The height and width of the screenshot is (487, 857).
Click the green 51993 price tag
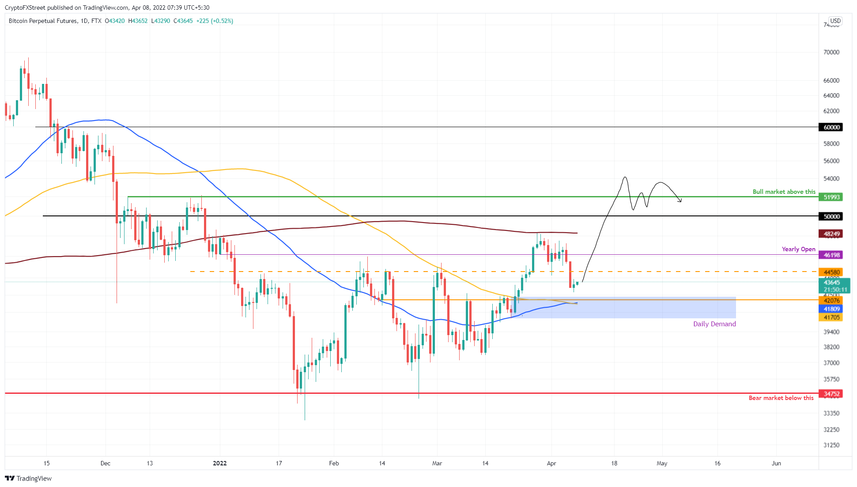(x=831, y=197)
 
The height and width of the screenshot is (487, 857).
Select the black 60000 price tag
(x=831, y=127)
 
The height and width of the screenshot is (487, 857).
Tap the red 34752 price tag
(x=831, y=393)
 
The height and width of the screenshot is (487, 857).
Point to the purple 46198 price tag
(x=831, y=255)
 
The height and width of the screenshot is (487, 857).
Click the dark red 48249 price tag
(x=831, y=234)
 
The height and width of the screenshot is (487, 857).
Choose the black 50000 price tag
(x=831, y=216)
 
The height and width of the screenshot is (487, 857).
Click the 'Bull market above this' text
(x=784, y=192)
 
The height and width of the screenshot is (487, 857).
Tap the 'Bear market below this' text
(x=781, y=398)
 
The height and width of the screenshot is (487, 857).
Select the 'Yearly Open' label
(x=798, y=249)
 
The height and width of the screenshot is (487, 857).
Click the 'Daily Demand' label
(x=714, y=324)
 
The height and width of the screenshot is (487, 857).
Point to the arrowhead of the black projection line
(x=680, y=201)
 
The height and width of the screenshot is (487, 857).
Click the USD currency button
(x=835, y=21)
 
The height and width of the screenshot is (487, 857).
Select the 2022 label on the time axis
(x=219, y=463)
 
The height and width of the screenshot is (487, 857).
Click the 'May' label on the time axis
(x=661, y=463)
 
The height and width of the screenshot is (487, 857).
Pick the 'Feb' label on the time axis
(x=334, y=463)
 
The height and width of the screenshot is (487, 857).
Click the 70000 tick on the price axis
(x=831, y=52)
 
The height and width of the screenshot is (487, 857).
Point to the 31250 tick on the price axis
(x=831, y=445)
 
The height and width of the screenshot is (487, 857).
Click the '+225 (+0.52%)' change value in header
(x=215, y=21)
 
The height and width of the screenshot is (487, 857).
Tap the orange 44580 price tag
(x=831, y=272)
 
